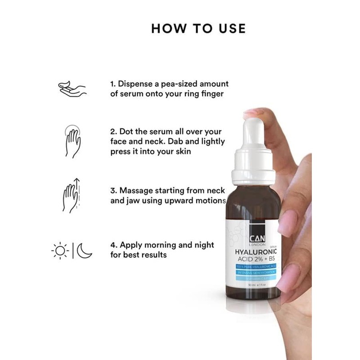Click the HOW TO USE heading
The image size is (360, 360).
click(x=198, y=28)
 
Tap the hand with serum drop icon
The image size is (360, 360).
click(x=72, y=89)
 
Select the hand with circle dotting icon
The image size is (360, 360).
click(x=72, y=140)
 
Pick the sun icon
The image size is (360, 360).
click(x=60, y=250)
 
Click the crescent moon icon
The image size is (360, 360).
click(x=84, y=250)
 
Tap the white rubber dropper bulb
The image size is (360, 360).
click(x=253, y=135)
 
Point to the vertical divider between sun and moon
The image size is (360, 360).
click(x=73, y=250)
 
